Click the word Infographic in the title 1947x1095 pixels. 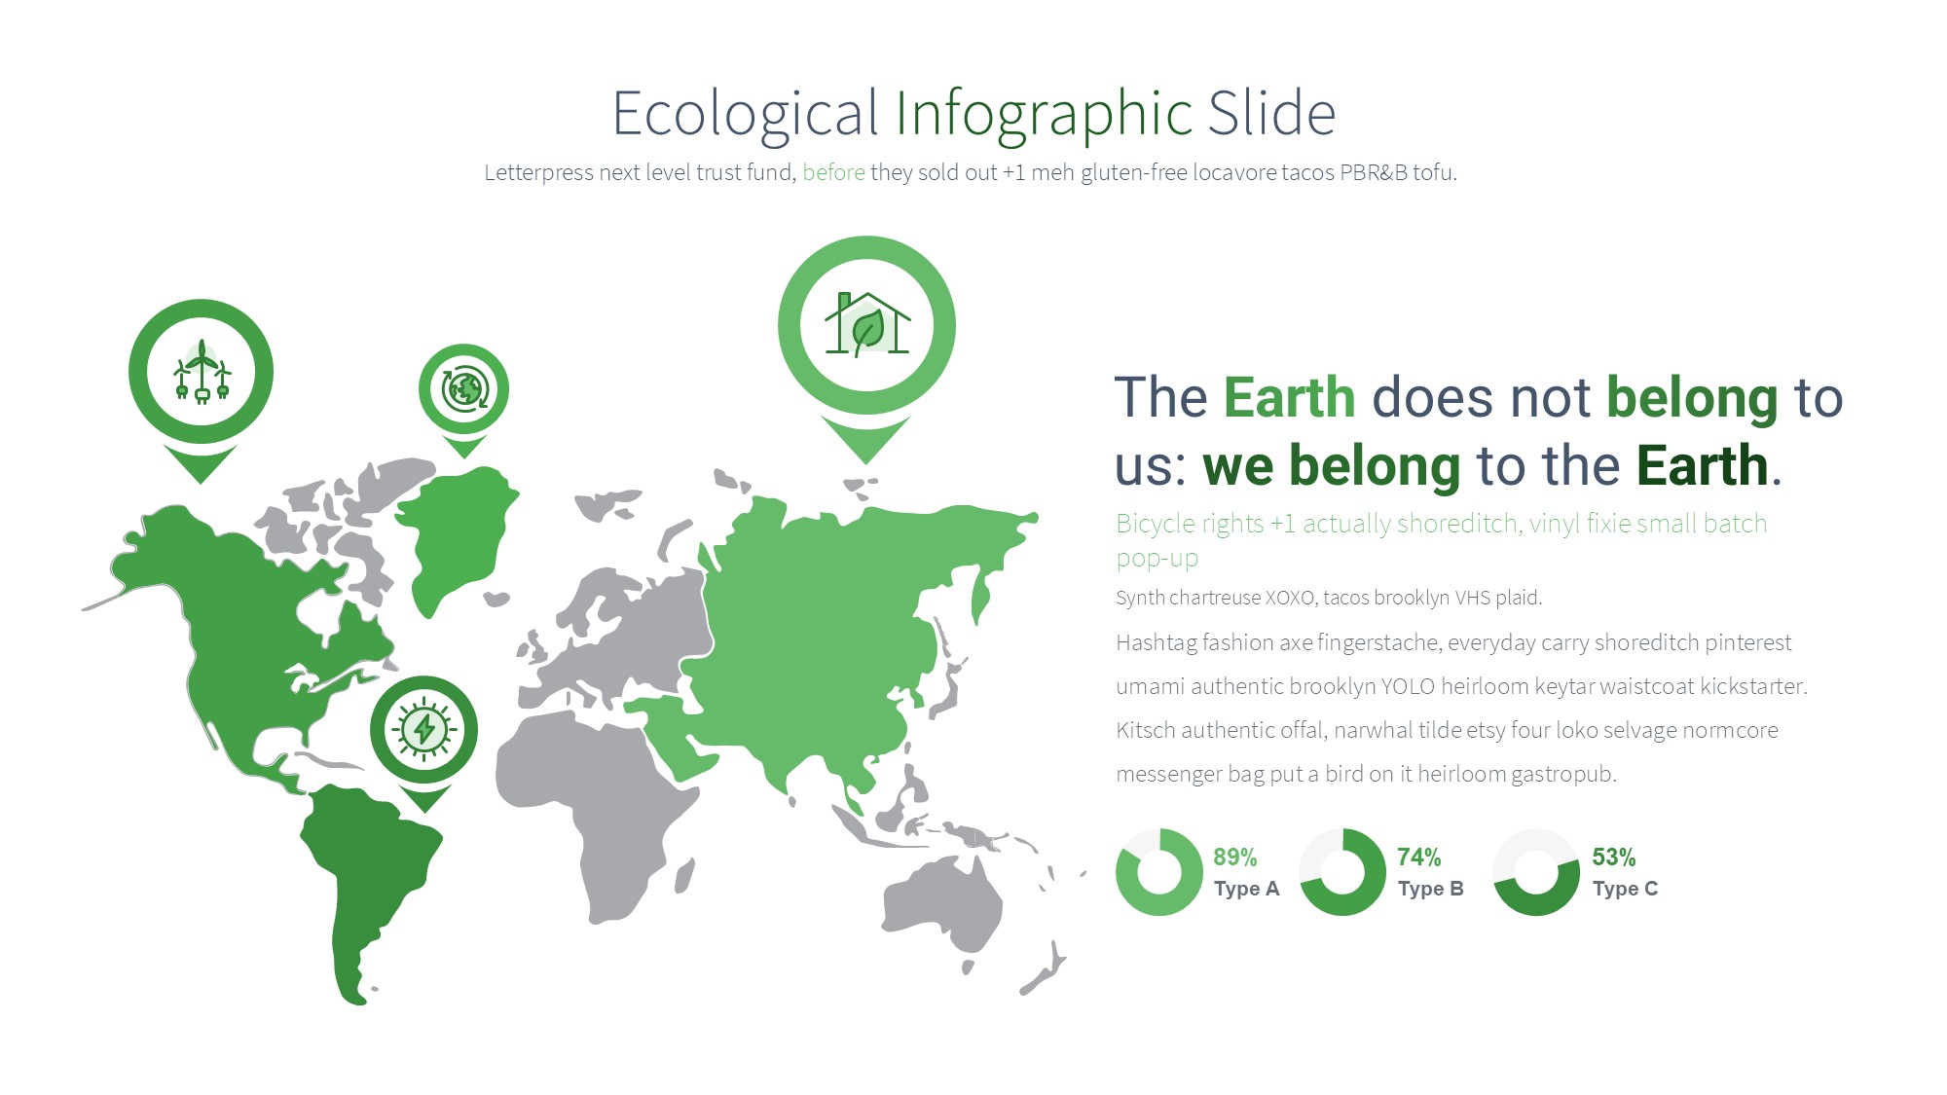point(1044,114)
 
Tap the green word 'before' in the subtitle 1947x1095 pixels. point(833,172)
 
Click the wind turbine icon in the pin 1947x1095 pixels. point(202,371)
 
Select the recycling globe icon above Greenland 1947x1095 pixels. point(464,388)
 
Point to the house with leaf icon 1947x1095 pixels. point(866,324)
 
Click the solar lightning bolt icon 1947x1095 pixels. point(424,729)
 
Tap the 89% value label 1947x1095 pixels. point(1234,858)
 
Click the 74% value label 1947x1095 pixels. point(1418,858)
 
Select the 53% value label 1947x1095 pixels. point(1613,858)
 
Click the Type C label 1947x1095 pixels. point(1625,889)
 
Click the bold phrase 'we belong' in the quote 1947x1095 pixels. point(1331,465)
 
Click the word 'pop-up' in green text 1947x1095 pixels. point(1157,560)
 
